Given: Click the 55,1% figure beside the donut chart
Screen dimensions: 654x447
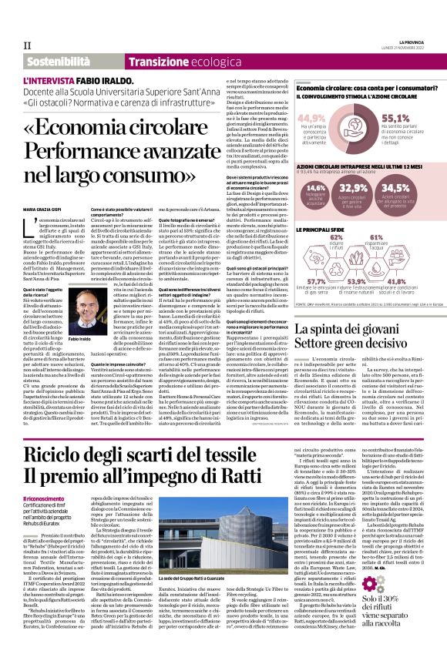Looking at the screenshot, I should (x=396, y=118).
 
